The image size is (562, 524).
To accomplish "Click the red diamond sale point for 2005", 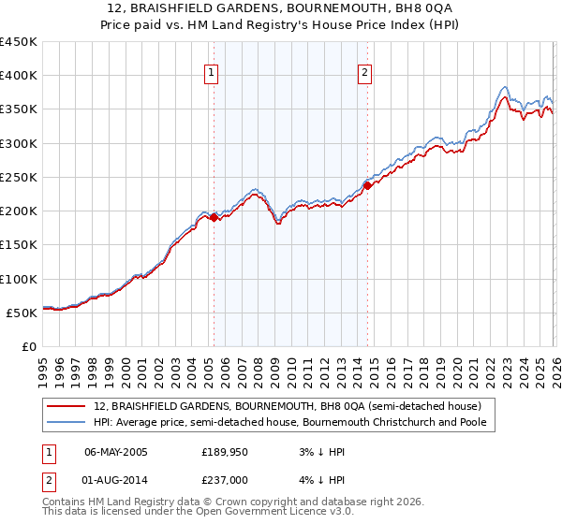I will point(214,217).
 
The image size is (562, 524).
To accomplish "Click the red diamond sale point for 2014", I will point(367,185).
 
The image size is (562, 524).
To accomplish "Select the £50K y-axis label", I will point(22,313).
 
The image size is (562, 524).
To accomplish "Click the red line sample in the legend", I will point(67,407).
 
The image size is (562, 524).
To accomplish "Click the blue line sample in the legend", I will point(67,423).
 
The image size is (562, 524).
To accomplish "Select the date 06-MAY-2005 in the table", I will point(116,451).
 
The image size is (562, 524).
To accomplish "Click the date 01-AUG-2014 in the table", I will point(116,479).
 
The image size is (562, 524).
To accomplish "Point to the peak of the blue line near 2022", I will point(504,86).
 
